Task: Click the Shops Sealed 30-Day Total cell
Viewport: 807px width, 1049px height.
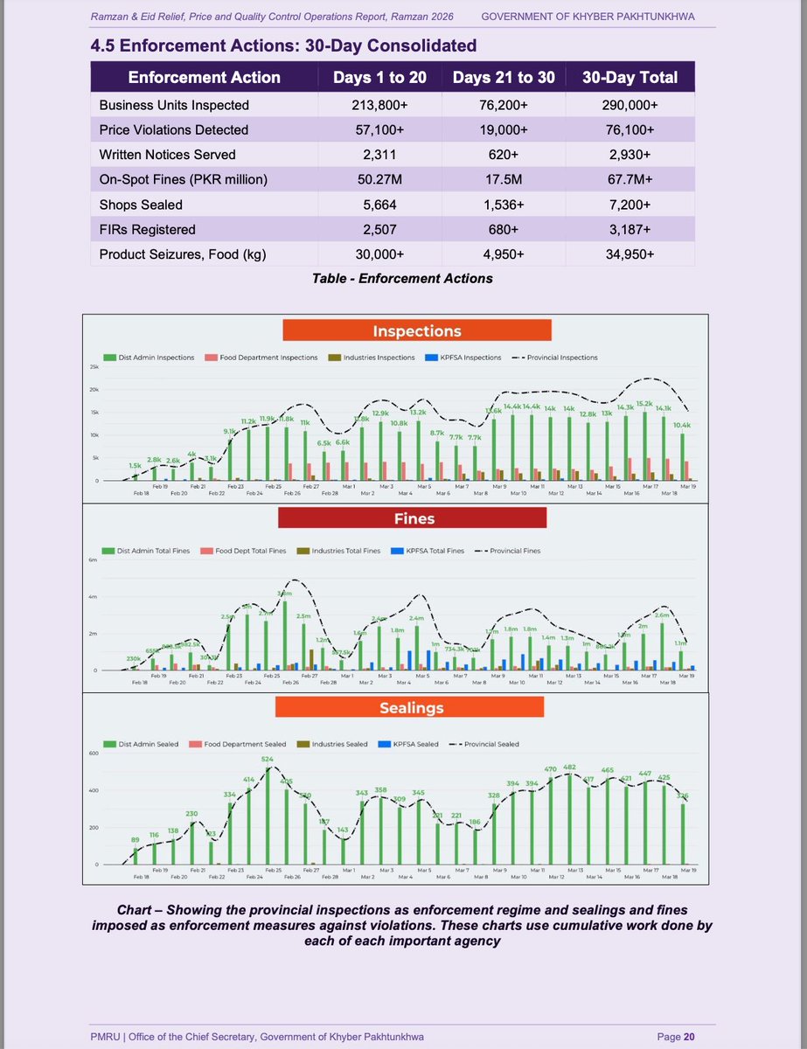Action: click(x=630, y=204)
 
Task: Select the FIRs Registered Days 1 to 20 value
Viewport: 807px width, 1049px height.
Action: click(x=379, y=229)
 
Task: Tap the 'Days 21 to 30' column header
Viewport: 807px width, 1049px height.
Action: click(x=504, y=77)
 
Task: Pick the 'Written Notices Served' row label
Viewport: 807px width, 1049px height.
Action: click(x=167, y=154)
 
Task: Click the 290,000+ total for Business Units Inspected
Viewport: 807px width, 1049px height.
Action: click(x=630, y=105)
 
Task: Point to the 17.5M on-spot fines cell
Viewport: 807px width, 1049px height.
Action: click(x=504, y=179)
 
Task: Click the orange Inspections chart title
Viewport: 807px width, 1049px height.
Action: click(x=416, y=331)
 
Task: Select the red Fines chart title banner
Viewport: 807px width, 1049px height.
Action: click(x=413, y=518)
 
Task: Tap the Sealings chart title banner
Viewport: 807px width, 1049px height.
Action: click(x=413, y=706)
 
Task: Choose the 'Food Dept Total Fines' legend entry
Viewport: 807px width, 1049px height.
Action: click(x=249, y=551)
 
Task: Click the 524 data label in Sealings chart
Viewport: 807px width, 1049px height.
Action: click(x=268, y=759)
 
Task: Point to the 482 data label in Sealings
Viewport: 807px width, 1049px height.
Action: click(x=570, y=767)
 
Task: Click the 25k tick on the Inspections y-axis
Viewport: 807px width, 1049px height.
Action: click(x=94, y=367)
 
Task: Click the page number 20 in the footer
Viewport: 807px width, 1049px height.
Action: click(x=689, y=1037)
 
